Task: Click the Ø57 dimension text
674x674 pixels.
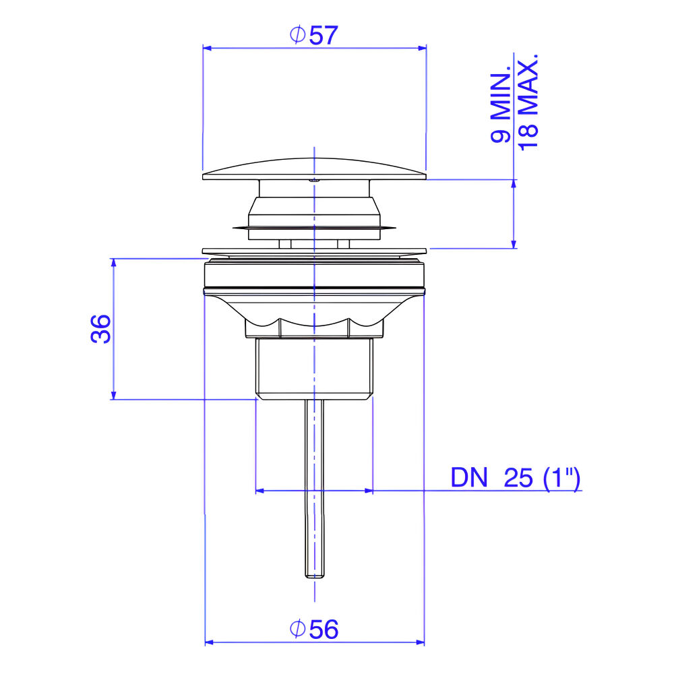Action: pyautogui.click(x=314, y=35)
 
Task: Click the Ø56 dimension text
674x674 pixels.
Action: pyautogui.click(x=314, y=630)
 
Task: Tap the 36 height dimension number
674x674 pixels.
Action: pyautogui.click(x=101, y=329)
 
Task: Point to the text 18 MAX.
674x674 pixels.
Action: pyautogui.click(x=528, y=102)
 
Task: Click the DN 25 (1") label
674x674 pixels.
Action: pyautogui.click(x=516, y=478)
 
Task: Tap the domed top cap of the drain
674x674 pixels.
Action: pyautogui.click(x=314, y=169)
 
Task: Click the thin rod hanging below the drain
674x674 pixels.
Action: pyautogui.click(x=314, y=489)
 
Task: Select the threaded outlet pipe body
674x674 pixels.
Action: pyautogui.click(x=314, y=369)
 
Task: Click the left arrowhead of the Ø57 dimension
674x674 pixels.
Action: pyautogui.click(x=207, y=48)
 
